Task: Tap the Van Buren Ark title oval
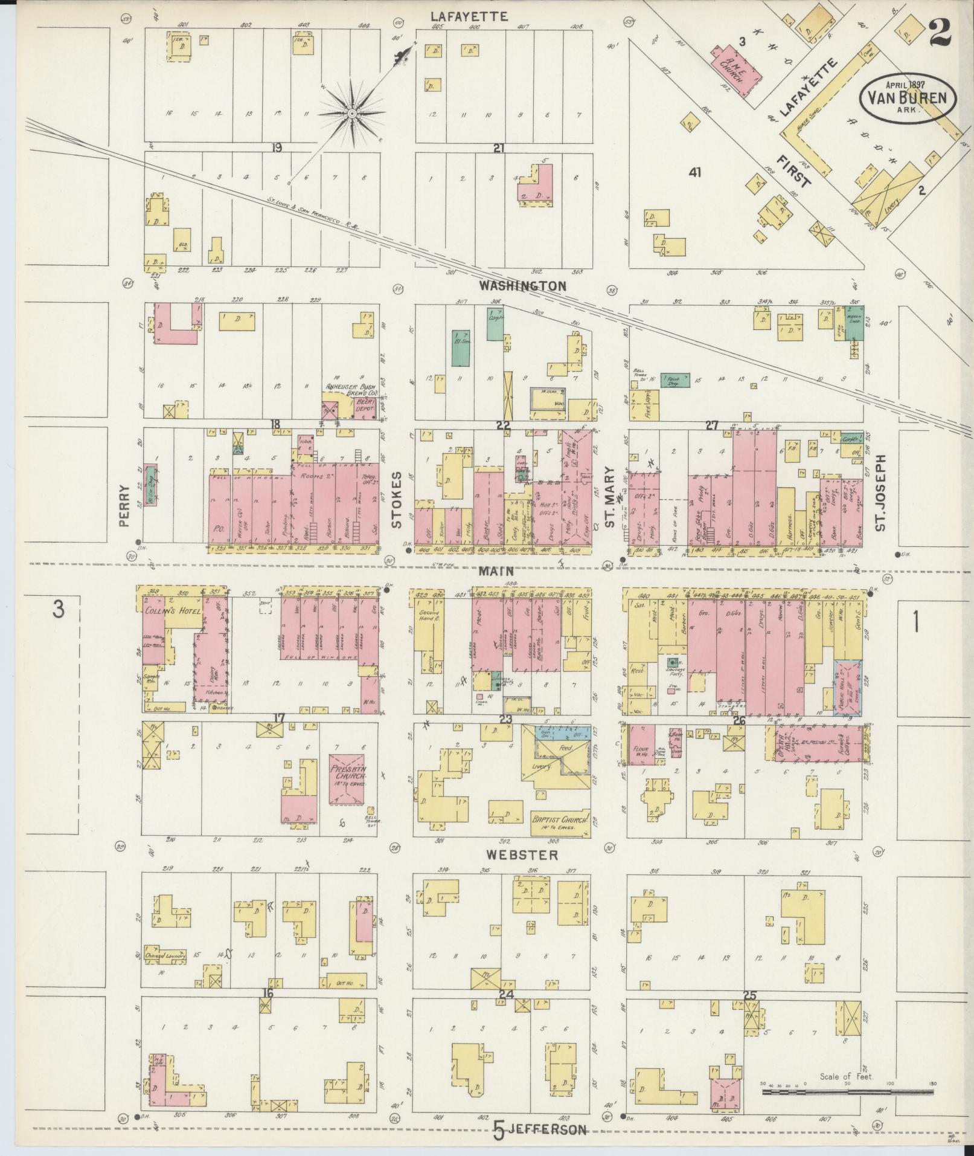click(x=907, y=97)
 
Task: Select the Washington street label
click(x=523, y=285)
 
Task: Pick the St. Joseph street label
click(x=880, y=493)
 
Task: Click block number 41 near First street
click(x=694, y=172)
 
